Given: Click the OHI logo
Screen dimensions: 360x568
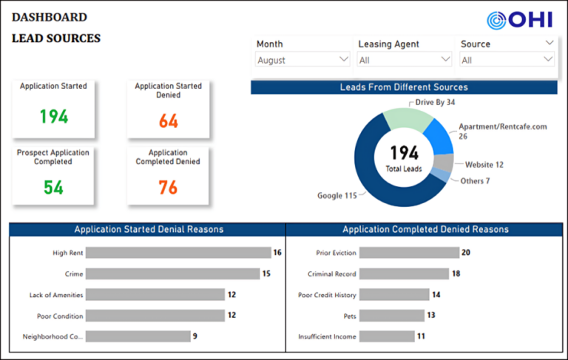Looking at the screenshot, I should pyautogui.click(x=519, y=20).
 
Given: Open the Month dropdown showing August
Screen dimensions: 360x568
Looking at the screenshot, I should pyautogui.click(x=302, y=60).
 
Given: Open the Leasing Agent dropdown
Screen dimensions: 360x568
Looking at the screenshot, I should pyautogui.click(x=404, y=60).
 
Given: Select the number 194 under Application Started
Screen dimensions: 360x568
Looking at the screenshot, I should pyautogui.click(x=53, y=117).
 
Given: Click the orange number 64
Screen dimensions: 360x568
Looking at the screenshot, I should pyautogui.click(x=168, y=121).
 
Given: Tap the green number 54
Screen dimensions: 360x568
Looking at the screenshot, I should pyautogui.click(x=53, y=187).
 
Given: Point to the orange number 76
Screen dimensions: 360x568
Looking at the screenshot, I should pyautogui.click(x=168, y=188).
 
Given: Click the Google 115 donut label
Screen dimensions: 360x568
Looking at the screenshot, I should pyautogui.click(x=337, y=196).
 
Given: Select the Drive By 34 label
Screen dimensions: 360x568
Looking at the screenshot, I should pyautogui.click(x=435, y=102).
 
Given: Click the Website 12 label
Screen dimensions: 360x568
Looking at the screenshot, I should pyautogui.click(x=484, y=164).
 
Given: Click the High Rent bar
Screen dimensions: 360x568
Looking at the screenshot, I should pyautogui.click(x=178, y=253).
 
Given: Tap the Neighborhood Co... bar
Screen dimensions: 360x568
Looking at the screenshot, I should pyautogui.click(x=138, y=336).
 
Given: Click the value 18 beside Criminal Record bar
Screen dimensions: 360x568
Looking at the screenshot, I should pyautogui.click(x=456, y=274).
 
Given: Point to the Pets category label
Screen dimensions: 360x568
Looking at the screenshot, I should pyautogui.click(x=348, y=316).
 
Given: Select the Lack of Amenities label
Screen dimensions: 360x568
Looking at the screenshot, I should pyautogui.click(x=56, y=295).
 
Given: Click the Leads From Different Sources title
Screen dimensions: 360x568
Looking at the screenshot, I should pyautogui.click(x=403, y=87).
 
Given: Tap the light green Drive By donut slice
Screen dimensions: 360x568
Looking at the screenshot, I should pyautogui.click(x=407, y=119).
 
